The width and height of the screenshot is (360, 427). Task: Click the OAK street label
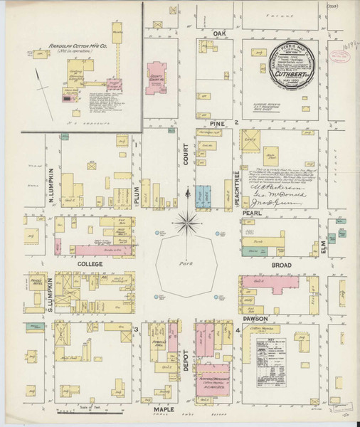click(x=218, y=33)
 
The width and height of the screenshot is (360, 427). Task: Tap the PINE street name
click(x=216, y=123)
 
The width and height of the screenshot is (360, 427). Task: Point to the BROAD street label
click(x=282, y=264)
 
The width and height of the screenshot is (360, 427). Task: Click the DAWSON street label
click(x=253, y=320)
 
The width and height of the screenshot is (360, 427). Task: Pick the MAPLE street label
click(x=164, y=411)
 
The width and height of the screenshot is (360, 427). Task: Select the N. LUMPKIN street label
click(x=52, y=182)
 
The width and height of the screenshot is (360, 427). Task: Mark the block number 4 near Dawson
click(x=237, y=332)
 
